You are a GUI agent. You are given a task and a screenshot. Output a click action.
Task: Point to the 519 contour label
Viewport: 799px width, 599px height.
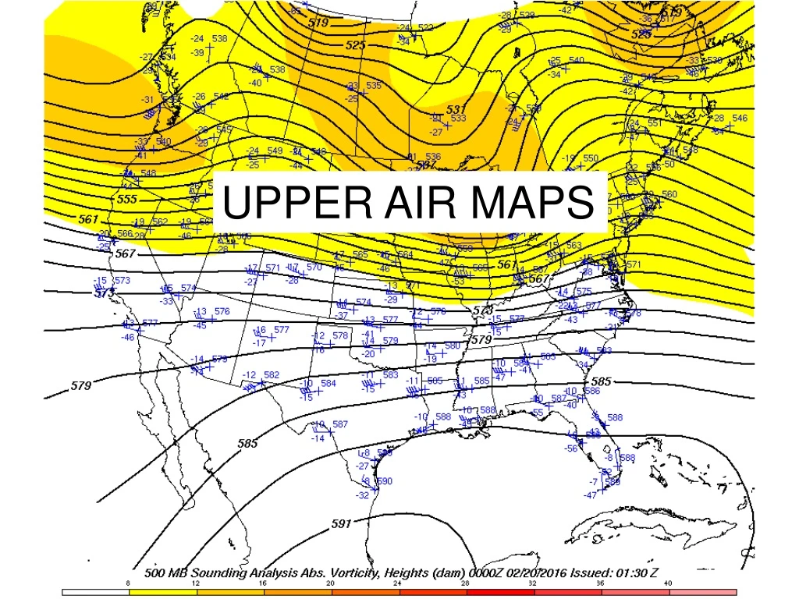pos(318,23)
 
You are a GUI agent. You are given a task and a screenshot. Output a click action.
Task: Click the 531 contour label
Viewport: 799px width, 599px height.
pos(456,108)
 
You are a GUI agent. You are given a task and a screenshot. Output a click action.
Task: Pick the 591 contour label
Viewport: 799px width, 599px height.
pos(341,523)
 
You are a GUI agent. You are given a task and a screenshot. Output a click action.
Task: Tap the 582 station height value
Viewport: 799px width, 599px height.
pos(272,375)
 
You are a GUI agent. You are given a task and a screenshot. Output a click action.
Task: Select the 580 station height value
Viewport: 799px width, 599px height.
pos(452,346)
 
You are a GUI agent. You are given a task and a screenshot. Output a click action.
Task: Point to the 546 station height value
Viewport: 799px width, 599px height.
pos(740,118)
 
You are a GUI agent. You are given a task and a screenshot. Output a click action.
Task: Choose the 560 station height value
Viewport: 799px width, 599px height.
pos(669,194)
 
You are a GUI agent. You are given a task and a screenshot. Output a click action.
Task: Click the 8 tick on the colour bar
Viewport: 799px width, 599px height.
pos(128,583)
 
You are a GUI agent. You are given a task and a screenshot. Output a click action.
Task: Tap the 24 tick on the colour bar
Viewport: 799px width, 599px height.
pos(398,583)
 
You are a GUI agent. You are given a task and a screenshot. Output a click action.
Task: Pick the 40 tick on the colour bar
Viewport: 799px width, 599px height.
pos(668,583)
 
